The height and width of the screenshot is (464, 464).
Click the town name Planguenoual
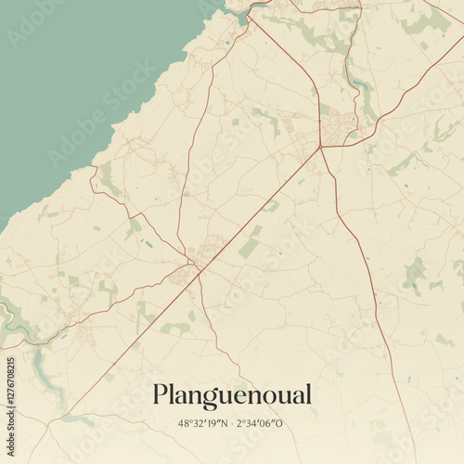232,395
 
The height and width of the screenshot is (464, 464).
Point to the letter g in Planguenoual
214,398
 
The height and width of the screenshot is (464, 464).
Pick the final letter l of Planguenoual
307,393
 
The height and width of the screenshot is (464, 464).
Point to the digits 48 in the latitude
183,423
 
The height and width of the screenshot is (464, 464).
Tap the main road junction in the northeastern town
320,147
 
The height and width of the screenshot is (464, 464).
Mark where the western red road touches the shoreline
91,169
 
